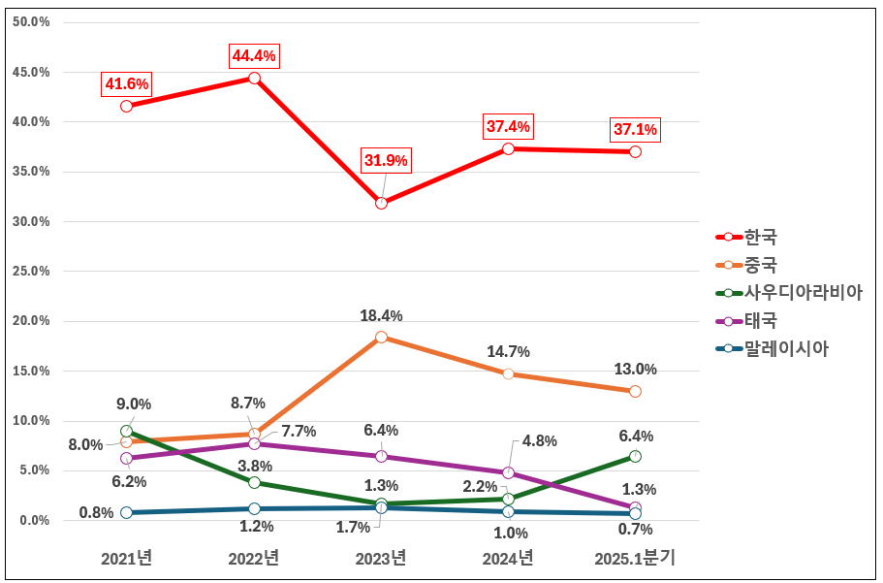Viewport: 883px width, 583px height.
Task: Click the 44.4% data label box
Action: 254,56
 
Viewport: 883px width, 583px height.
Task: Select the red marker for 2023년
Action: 381,203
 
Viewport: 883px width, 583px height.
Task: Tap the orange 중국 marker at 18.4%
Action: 381,338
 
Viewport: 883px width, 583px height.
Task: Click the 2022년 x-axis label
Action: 254,558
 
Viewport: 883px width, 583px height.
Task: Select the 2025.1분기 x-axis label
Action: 635,558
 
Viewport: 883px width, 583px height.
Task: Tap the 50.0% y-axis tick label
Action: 31,22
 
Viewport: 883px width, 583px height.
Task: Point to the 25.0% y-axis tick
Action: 31,271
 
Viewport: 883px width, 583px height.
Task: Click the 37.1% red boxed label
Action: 635,129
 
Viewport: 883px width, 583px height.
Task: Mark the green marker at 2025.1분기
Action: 635,456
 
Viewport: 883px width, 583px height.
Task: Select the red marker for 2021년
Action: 127,106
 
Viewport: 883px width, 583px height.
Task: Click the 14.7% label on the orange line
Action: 508,352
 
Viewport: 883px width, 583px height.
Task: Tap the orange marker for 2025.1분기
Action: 635,391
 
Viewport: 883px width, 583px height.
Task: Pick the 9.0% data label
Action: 134,405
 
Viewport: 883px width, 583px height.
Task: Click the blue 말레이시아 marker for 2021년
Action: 127,512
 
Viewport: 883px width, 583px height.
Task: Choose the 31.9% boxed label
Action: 387,160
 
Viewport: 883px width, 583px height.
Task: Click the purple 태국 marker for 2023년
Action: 381,456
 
